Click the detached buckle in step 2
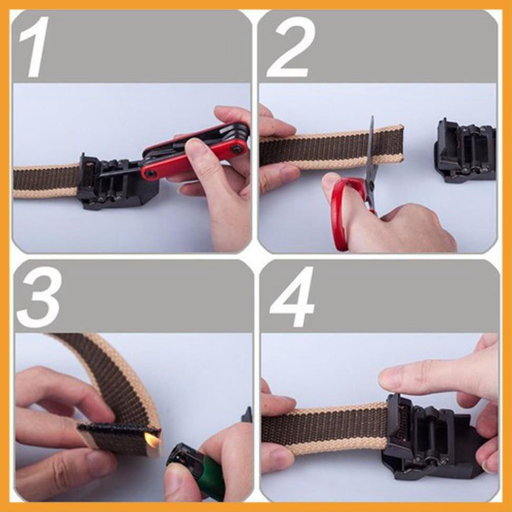click(465, 150)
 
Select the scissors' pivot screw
click(372, 187)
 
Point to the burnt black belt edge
click(118, 427)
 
